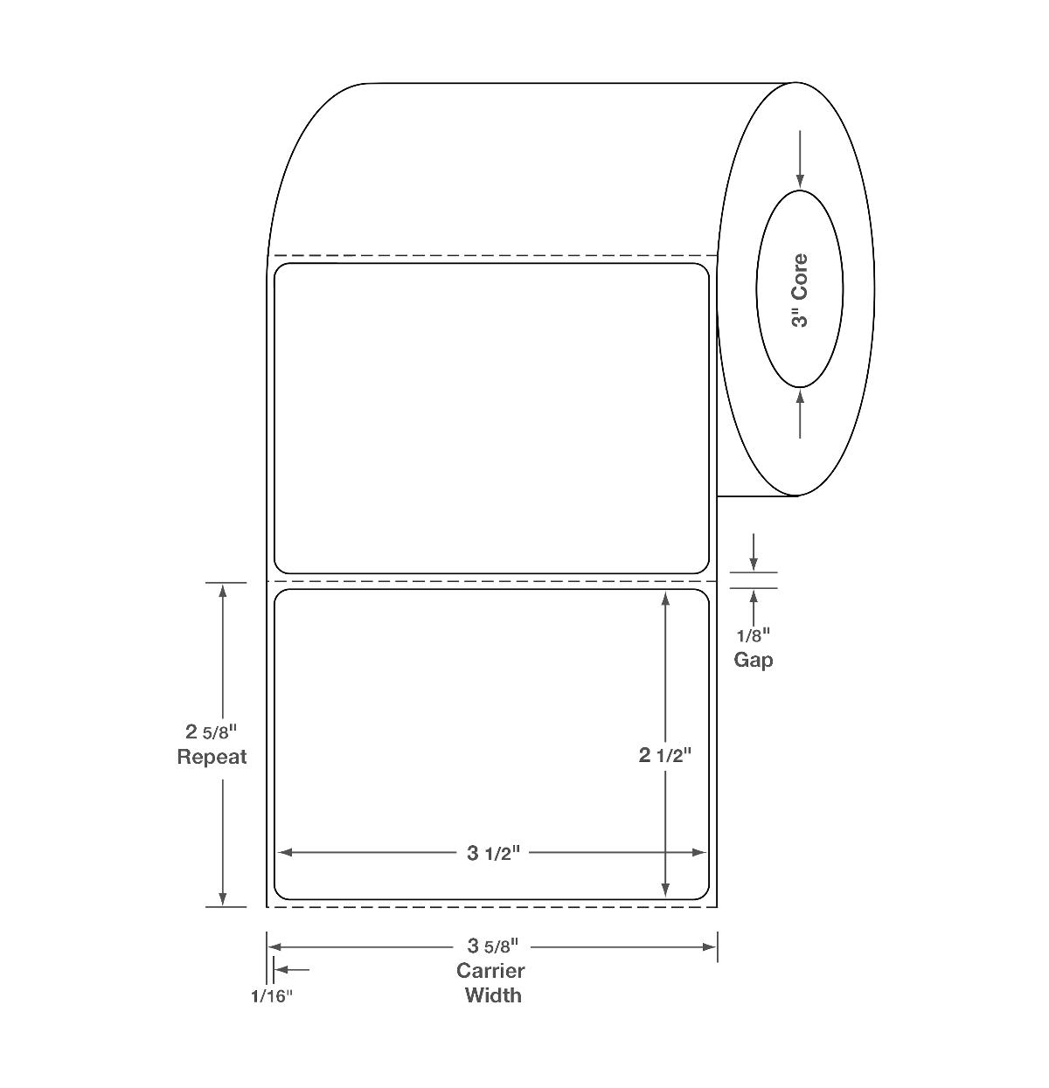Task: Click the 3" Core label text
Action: click(800, 290)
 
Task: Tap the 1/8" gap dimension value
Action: click(754, 635)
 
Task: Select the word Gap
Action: click(754, 661)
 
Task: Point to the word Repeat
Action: click(212, 757)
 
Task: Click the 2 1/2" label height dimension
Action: click(665, 755)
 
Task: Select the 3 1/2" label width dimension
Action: click(494, 853)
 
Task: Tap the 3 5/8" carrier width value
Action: click(493, 946)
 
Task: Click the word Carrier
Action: click(490, 971)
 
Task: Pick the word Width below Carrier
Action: click(493, 995)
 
